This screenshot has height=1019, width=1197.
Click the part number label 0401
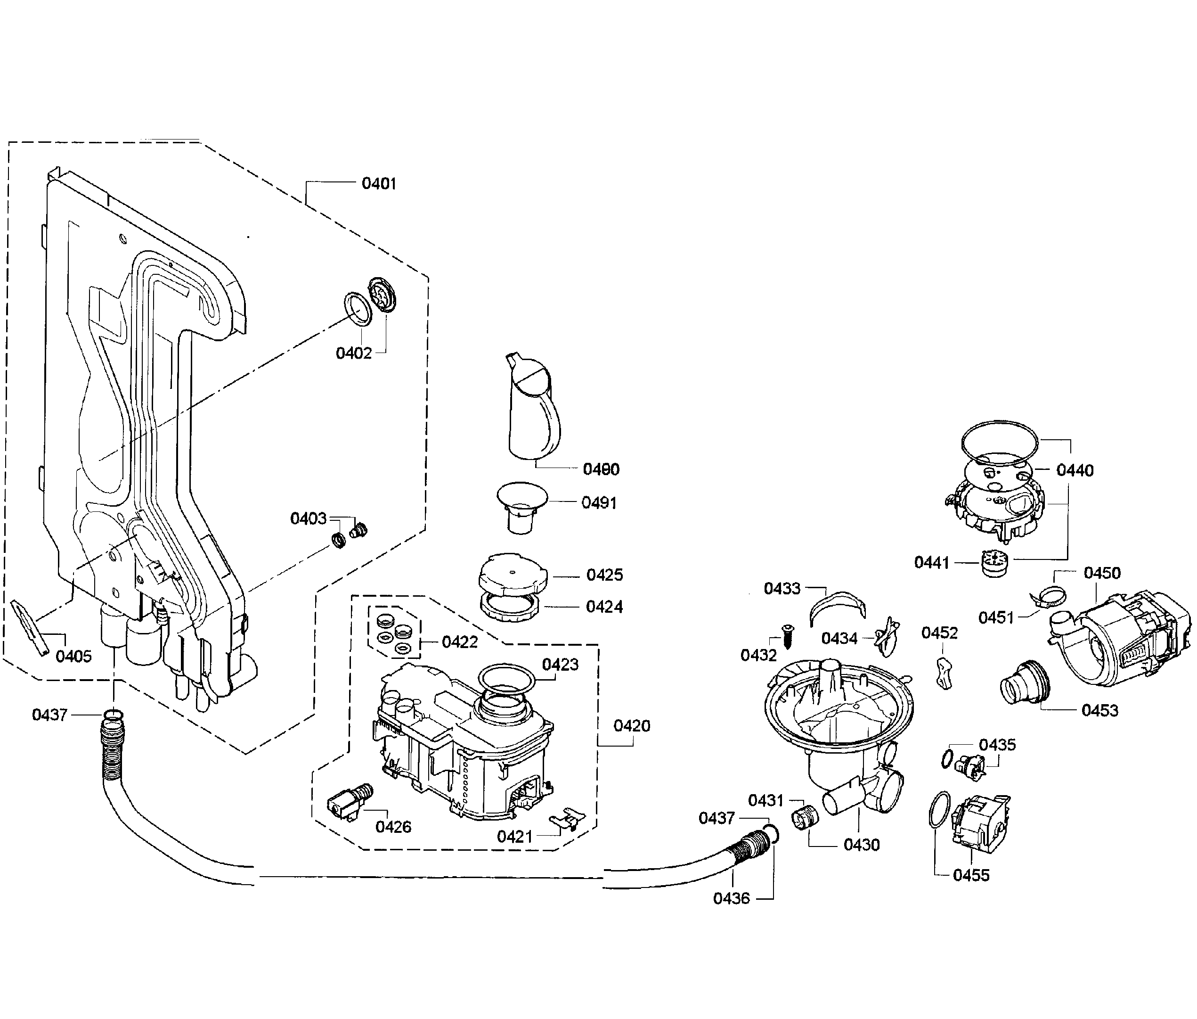coord(379,184)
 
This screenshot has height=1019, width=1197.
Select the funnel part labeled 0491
coord(521,507)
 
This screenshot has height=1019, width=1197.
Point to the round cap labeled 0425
coord(512,575)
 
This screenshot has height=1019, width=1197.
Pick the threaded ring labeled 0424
coord(509,607)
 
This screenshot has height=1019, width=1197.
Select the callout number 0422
coord(460,642)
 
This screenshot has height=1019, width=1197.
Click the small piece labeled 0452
coord(944,673)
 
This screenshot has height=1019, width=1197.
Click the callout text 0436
coord(731,898)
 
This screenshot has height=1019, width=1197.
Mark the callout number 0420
coord(632,726)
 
